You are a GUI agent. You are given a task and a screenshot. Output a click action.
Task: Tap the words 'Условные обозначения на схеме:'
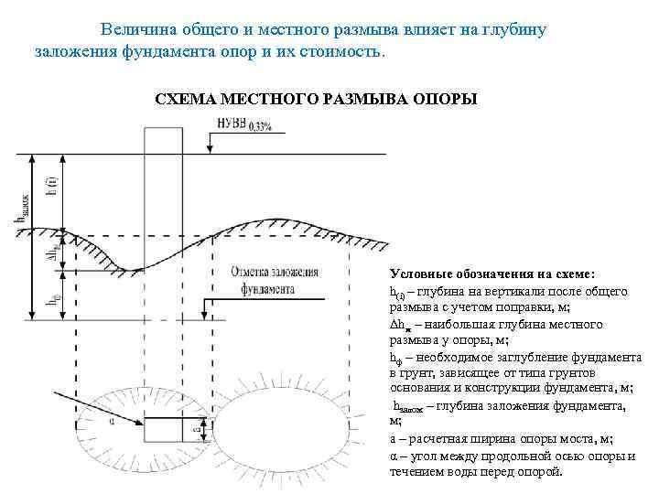click(492, 274)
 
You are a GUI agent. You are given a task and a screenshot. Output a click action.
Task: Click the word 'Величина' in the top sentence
click(135, 29)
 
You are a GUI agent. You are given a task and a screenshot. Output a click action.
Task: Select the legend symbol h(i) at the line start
click(397, 292)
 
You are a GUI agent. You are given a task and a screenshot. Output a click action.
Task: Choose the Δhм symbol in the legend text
click(402, 324)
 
